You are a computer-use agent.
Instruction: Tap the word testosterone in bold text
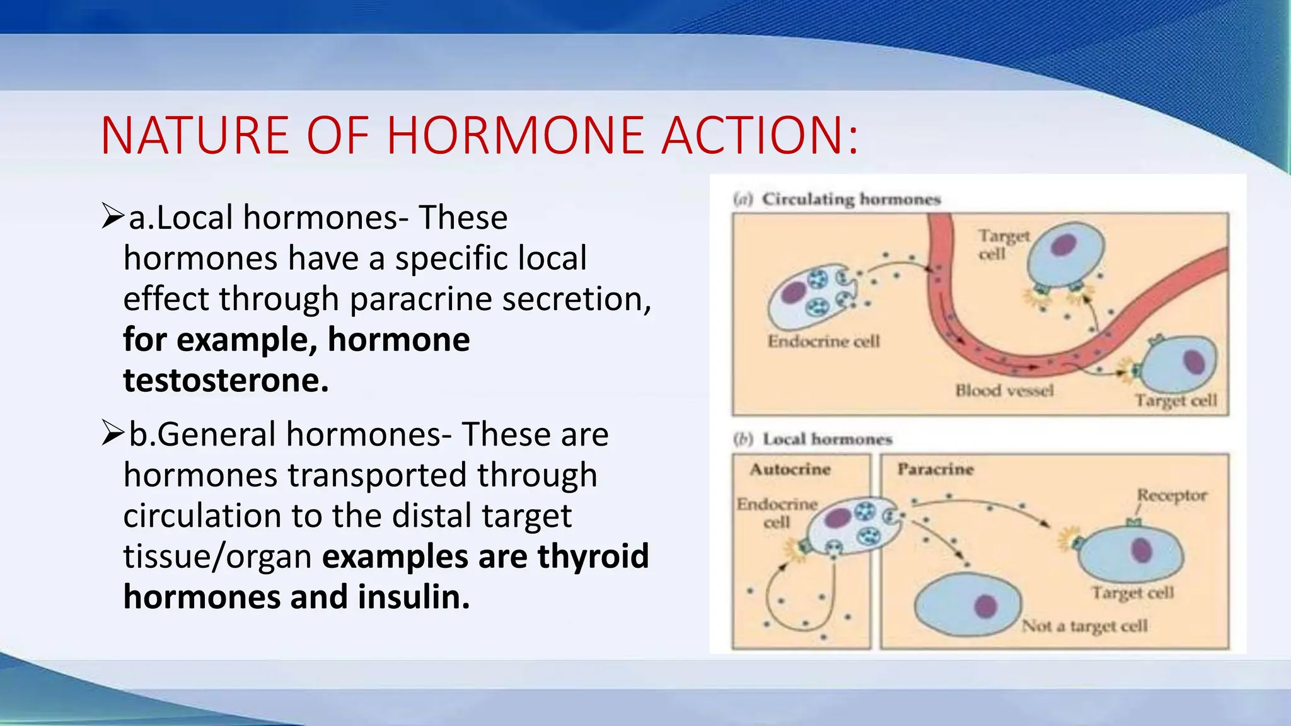[225, 380]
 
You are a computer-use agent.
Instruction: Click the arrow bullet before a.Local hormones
[112, 216]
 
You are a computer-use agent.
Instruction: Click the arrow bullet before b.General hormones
[112, 434]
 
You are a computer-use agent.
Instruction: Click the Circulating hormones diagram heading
[850, 199]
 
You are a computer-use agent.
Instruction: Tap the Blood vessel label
[1004, 391]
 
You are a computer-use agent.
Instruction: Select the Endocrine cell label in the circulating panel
[823, 341]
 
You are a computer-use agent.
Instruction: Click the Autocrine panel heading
[790, 470]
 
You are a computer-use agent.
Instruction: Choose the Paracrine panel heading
[935, 470]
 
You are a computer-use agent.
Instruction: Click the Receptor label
[1172, 495]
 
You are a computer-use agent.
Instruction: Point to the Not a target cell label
[1084, 626]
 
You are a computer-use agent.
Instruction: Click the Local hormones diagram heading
[827, 439]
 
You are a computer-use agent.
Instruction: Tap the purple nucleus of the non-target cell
[985, 606]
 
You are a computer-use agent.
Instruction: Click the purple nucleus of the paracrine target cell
[1142, 550]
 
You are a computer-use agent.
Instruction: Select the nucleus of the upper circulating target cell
[1063, 245]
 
